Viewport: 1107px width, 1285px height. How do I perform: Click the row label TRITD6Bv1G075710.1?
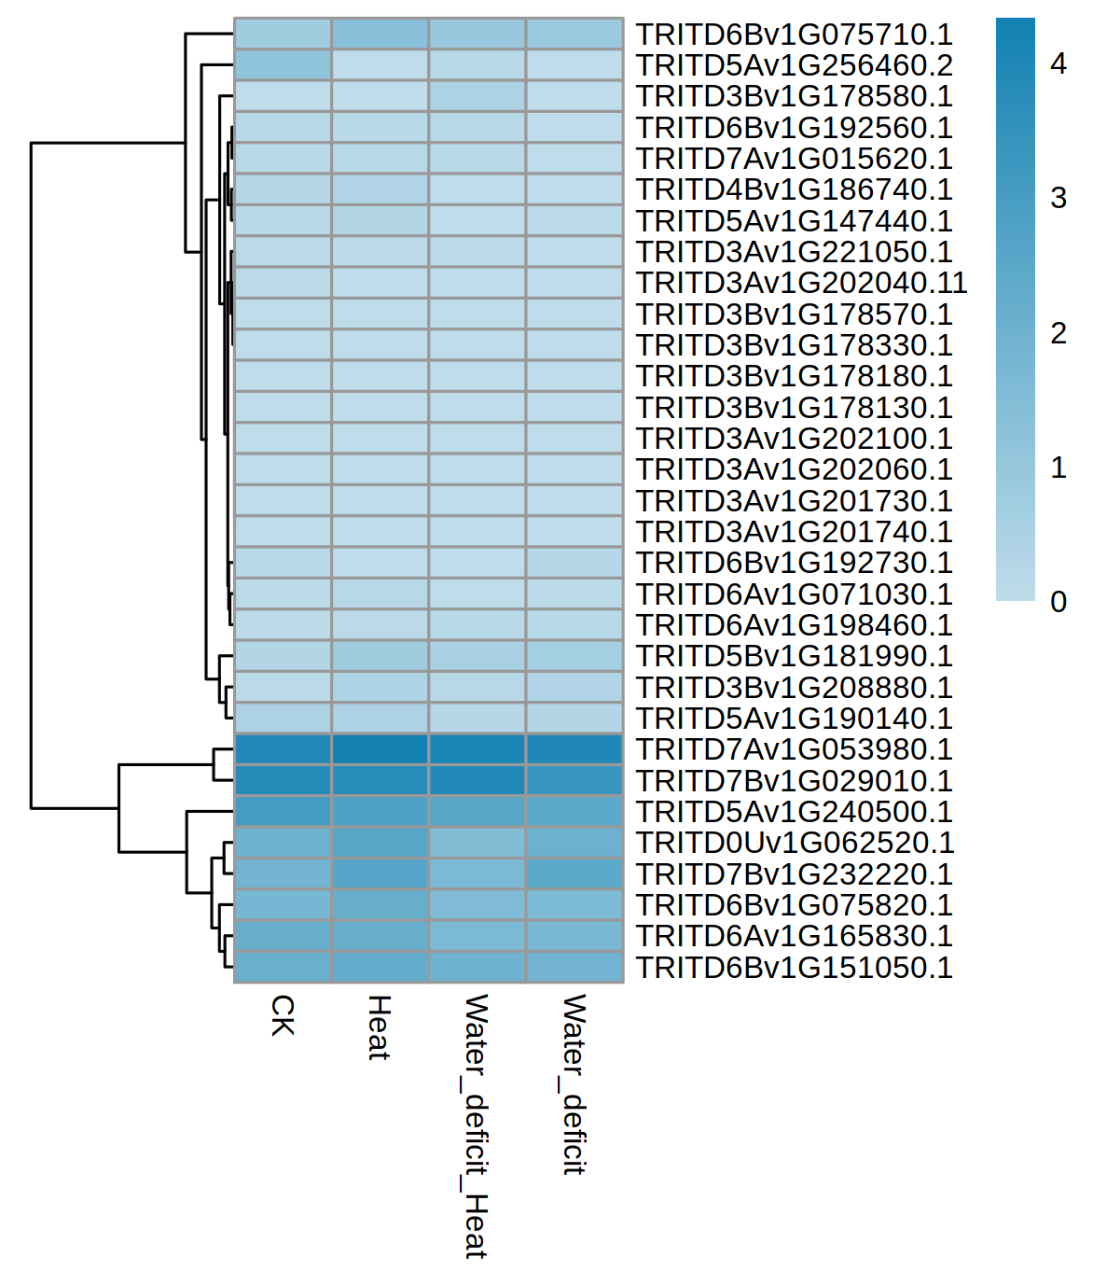click(794, 35)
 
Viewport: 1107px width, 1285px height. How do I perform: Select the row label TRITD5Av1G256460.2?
click(794, 65)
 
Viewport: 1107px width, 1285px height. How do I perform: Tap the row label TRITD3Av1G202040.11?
click(801, 283)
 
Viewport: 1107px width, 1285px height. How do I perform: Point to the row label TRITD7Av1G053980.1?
click(794, 749)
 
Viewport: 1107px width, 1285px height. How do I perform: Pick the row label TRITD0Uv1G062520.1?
click(795, 843)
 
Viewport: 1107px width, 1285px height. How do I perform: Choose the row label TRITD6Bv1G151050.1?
click(794, 967)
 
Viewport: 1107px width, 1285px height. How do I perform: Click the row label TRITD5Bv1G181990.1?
click(794, 656)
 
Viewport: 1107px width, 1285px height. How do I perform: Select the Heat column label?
click(379, 1027)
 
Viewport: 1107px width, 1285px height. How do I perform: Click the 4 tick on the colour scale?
click(1058, 63)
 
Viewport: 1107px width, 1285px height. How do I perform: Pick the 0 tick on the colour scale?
click(1058, 602)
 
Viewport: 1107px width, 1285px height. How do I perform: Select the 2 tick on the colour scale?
click(1058, 333)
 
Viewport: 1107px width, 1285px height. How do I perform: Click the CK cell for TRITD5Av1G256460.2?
click(283, 65)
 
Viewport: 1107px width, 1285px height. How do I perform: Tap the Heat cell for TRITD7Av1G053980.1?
click(380, 749)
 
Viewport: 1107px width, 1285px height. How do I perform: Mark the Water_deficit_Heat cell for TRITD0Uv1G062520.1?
click(477, 843)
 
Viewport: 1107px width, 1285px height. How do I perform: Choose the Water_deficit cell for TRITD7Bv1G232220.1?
click(574, 873)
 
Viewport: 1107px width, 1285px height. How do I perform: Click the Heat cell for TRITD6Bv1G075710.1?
click(380, 35)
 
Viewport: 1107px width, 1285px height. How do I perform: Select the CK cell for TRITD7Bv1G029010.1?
click(283, 780)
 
